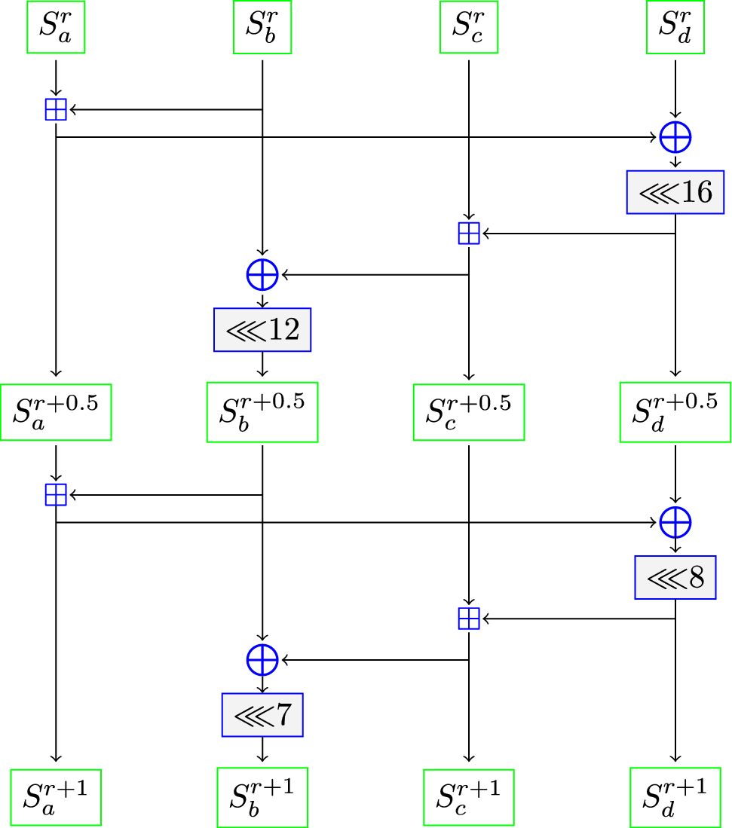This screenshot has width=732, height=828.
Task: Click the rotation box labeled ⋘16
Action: [x=675, y=193]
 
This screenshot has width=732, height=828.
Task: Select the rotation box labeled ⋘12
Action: [x=262, y=330]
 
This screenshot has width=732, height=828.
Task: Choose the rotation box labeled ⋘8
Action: [x=675, y=577]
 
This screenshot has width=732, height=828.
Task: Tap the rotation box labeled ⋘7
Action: [x=262, y=714]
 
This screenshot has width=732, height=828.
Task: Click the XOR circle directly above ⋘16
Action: [x=675, y=137]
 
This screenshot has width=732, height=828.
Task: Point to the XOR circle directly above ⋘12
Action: [x=262, y=275]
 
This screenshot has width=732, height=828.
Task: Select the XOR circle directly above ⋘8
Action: [x=675, y=521]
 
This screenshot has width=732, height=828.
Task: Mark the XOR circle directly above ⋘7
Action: [x=262, y=660]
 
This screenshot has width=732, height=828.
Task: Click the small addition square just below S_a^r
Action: [x=57, y=110]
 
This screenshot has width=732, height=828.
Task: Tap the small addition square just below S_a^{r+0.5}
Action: [x=57, y=494]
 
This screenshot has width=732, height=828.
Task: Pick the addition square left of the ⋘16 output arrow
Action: [x=469, y=234]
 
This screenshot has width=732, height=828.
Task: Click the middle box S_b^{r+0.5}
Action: [x=262, y=412]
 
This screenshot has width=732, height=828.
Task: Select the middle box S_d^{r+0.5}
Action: [x=675, y=412]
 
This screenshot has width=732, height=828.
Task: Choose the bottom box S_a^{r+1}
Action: [x=57, y=797]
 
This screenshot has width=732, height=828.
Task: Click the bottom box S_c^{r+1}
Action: [x=469, y=797]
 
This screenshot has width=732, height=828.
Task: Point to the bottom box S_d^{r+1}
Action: [x=675, y=797]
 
